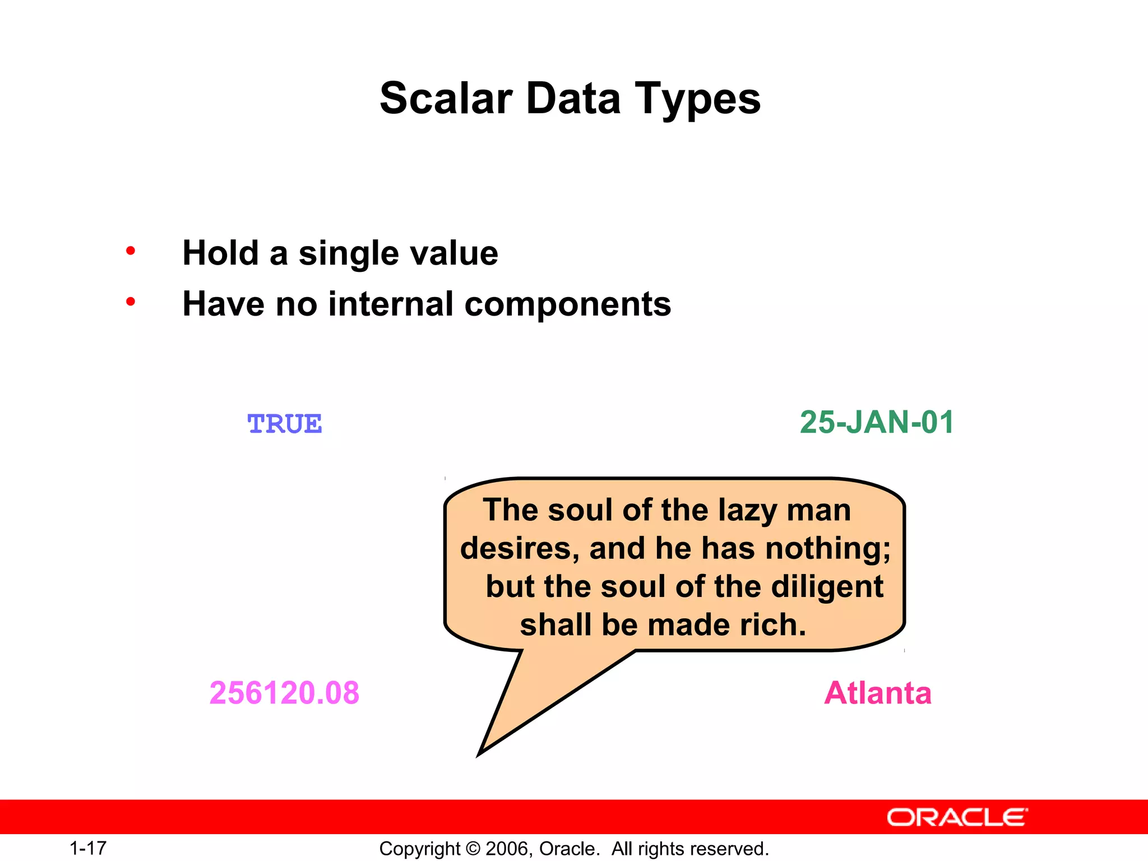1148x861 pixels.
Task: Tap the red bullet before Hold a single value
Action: (131, 251)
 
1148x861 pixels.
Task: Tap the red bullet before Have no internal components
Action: (131, 302)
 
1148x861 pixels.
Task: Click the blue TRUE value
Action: (284, 424)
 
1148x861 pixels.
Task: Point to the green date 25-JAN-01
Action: (876, 422)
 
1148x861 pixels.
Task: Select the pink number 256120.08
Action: (284, 693)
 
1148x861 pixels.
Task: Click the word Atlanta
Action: (877, 693)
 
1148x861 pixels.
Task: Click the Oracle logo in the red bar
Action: (957, 817)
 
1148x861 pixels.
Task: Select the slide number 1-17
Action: (88, 848)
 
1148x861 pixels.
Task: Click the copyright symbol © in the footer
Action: (473, 849)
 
